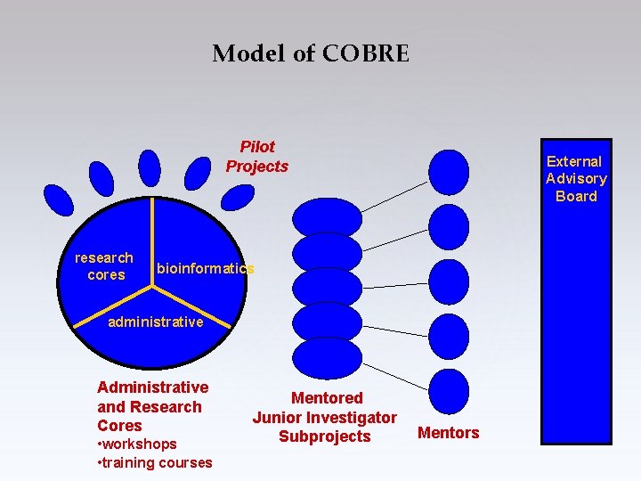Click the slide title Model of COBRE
click(x=311, y=54)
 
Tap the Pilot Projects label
click(x=257, y=157)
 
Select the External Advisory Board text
click(x=576, y=179)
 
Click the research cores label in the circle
click(x=105, y=266)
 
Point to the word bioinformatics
click(x=206, y=269)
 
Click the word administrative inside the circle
click(x=155, y=322)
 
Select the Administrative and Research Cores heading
click(x=152, y=406)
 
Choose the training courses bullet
click(x=153, y=462)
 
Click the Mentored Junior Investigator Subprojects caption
click(x=325, y=417)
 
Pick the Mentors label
click(x=449, y=433)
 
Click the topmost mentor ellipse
click(x=449, y=172)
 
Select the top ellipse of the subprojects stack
click(x=328, y=216)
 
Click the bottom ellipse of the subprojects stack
click(x=328, y=356)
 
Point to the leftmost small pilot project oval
click(x=59, y=200)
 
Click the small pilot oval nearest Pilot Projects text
click(x=238, y=196)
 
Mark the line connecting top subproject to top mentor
click(x=394, y=196)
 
